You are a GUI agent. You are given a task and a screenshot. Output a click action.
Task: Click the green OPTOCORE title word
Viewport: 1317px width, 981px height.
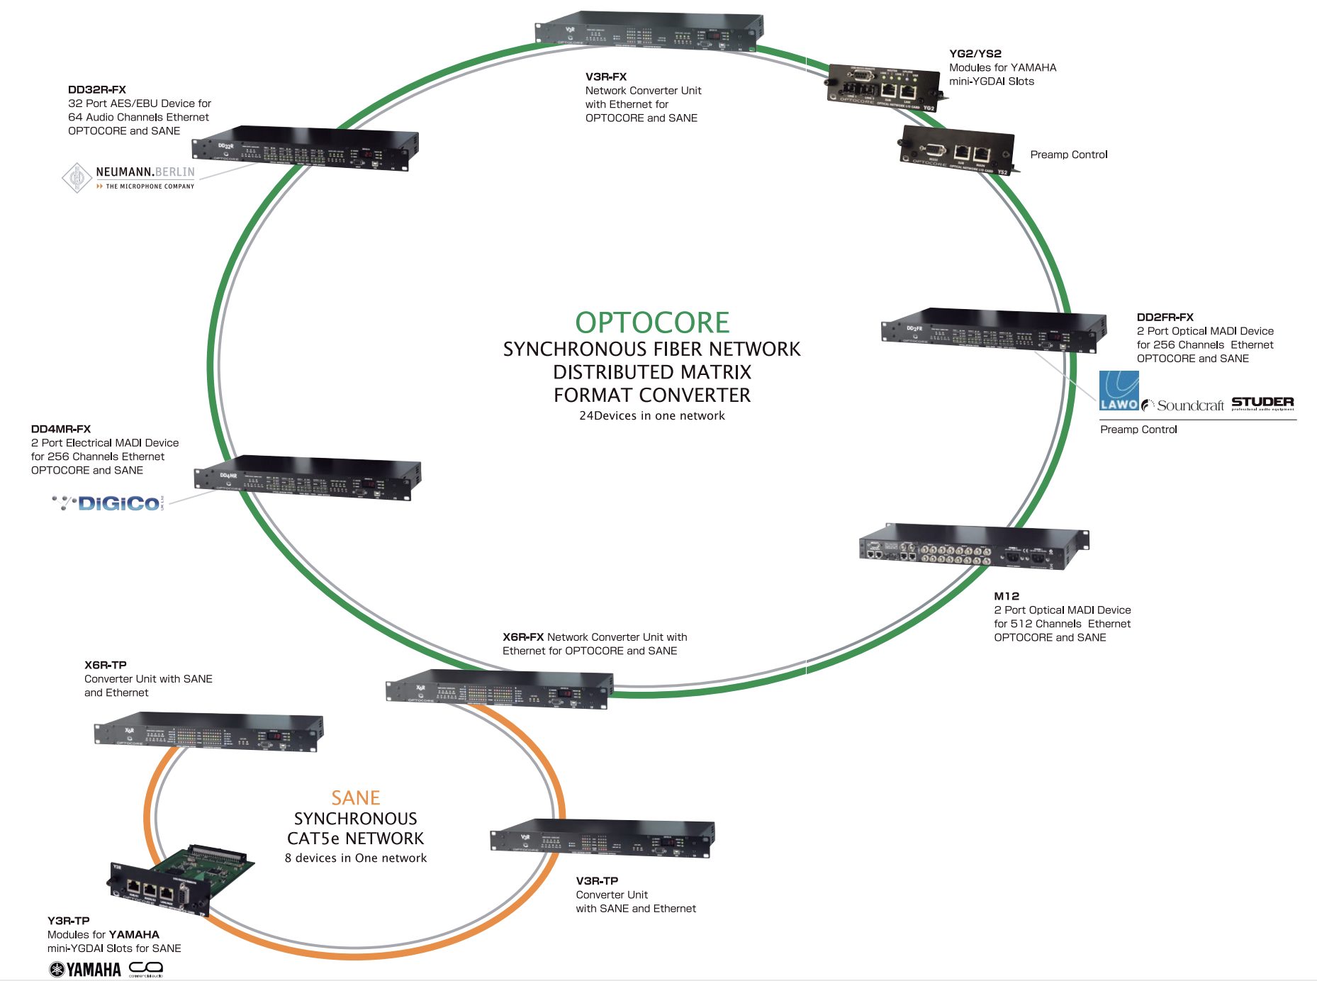[x=651, y=323]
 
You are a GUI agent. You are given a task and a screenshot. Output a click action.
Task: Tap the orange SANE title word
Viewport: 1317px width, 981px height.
[x=356, y=798]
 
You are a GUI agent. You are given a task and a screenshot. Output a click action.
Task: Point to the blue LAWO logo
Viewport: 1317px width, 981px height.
[x=1119, y=391]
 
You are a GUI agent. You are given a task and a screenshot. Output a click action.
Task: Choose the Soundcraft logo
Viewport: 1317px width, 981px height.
[x=1183, y=405]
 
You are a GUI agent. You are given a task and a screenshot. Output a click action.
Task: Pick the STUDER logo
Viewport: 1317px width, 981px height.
[x=1262, y=403]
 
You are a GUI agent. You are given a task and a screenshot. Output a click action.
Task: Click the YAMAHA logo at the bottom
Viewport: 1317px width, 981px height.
[x=85, y=969]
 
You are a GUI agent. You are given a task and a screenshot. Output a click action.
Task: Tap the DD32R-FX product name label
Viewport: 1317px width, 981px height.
[x=97, y=90]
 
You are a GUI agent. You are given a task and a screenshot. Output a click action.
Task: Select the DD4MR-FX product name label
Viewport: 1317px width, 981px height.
[x=61, y=429]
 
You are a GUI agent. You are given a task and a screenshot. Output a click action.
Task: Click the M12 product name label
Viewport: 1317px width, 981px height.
[x=1006, y=596]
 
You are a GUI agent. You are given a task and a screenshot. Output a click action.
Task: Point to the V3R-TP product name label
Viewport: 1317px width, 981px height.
[x=597, y=881]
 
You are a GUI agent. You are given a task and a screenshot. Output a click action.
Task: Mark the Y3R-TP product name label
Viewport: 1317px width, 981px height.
[x=69, y=921]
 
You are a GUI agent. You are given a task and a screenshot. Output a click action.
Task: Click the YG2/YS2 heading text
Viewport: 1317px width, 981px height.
[x=975, y=54]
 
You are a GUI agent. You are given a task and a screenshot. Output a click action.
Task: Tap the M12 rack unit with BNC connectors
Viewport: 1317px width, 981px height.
[x=973, y=548]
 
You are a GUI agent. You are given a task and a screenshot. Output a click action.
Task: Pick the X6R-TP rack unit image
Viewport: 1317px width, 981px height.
[x=208, y=732]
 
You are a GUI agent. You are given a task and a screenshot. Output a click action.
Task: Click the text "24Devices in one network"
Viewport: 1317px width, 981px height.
[x=651, y=416]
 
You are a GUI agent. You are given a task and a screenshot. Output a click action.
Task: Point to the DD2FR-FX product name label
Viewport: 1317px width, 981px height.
[x=1165, y=318]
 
